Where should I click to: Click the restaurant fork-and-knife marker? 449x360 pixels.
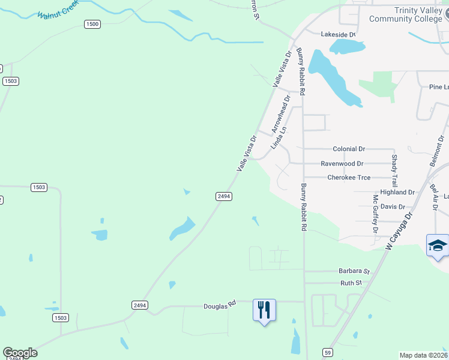[x=264, y=310]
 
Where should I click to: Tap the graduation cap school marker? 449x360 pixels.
[x=438, y=246]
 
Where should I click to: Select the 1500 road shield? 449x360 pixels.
[x=92, y=24]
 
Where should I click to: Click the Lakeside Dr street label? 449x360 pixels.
[x=339, y=34]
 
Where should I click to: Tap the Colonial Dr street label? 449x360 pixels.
[x=348, y=149]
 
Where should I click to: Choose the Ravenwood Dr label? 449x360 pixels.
[x=342, y=163]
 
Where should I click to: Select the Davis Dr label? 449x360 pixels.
[x=393, y=206]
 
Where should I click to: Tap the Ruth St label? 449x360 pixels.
[x=351, y=283]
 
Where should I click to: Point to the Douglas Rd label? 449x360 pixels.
[x=218, y=306]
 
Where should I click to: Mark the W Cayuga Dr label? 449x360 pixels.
[x=399, y=230]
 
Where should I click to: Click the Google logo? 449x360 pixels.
[x=20, y=353]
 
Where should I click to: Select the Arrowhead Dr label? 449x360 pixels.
[x=280, y=113]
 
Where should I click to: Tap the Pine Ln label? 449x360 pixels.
[x=439, y=87]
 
